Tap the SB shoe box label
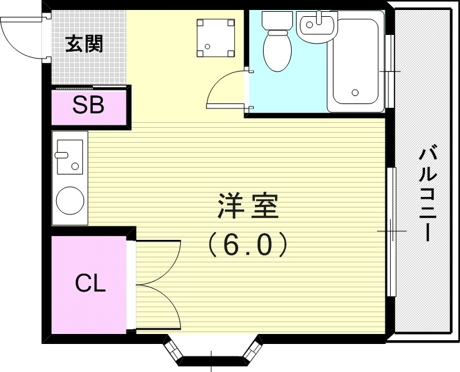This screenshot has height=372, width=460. click(x=88, y=105)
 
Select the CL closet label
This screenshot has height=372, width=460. click(x=90, y=284)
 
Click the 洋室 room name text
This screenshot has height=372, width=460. click(x=247, y=206)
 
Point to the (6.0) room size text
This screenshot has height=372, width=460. click(x=247, y=244)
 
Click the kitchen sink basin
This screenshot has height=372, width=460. click(x=69, y=156)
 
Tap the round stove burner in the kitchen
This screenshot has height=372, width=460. click(x=70, y=201)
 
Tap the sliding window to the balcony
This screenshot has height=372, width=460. click(x=391, y=231)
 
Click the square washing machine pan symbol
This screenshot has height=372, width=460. click(x=216, y=37)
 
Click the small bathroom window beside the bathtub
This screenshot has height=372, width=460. click(x=390, y=72)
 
